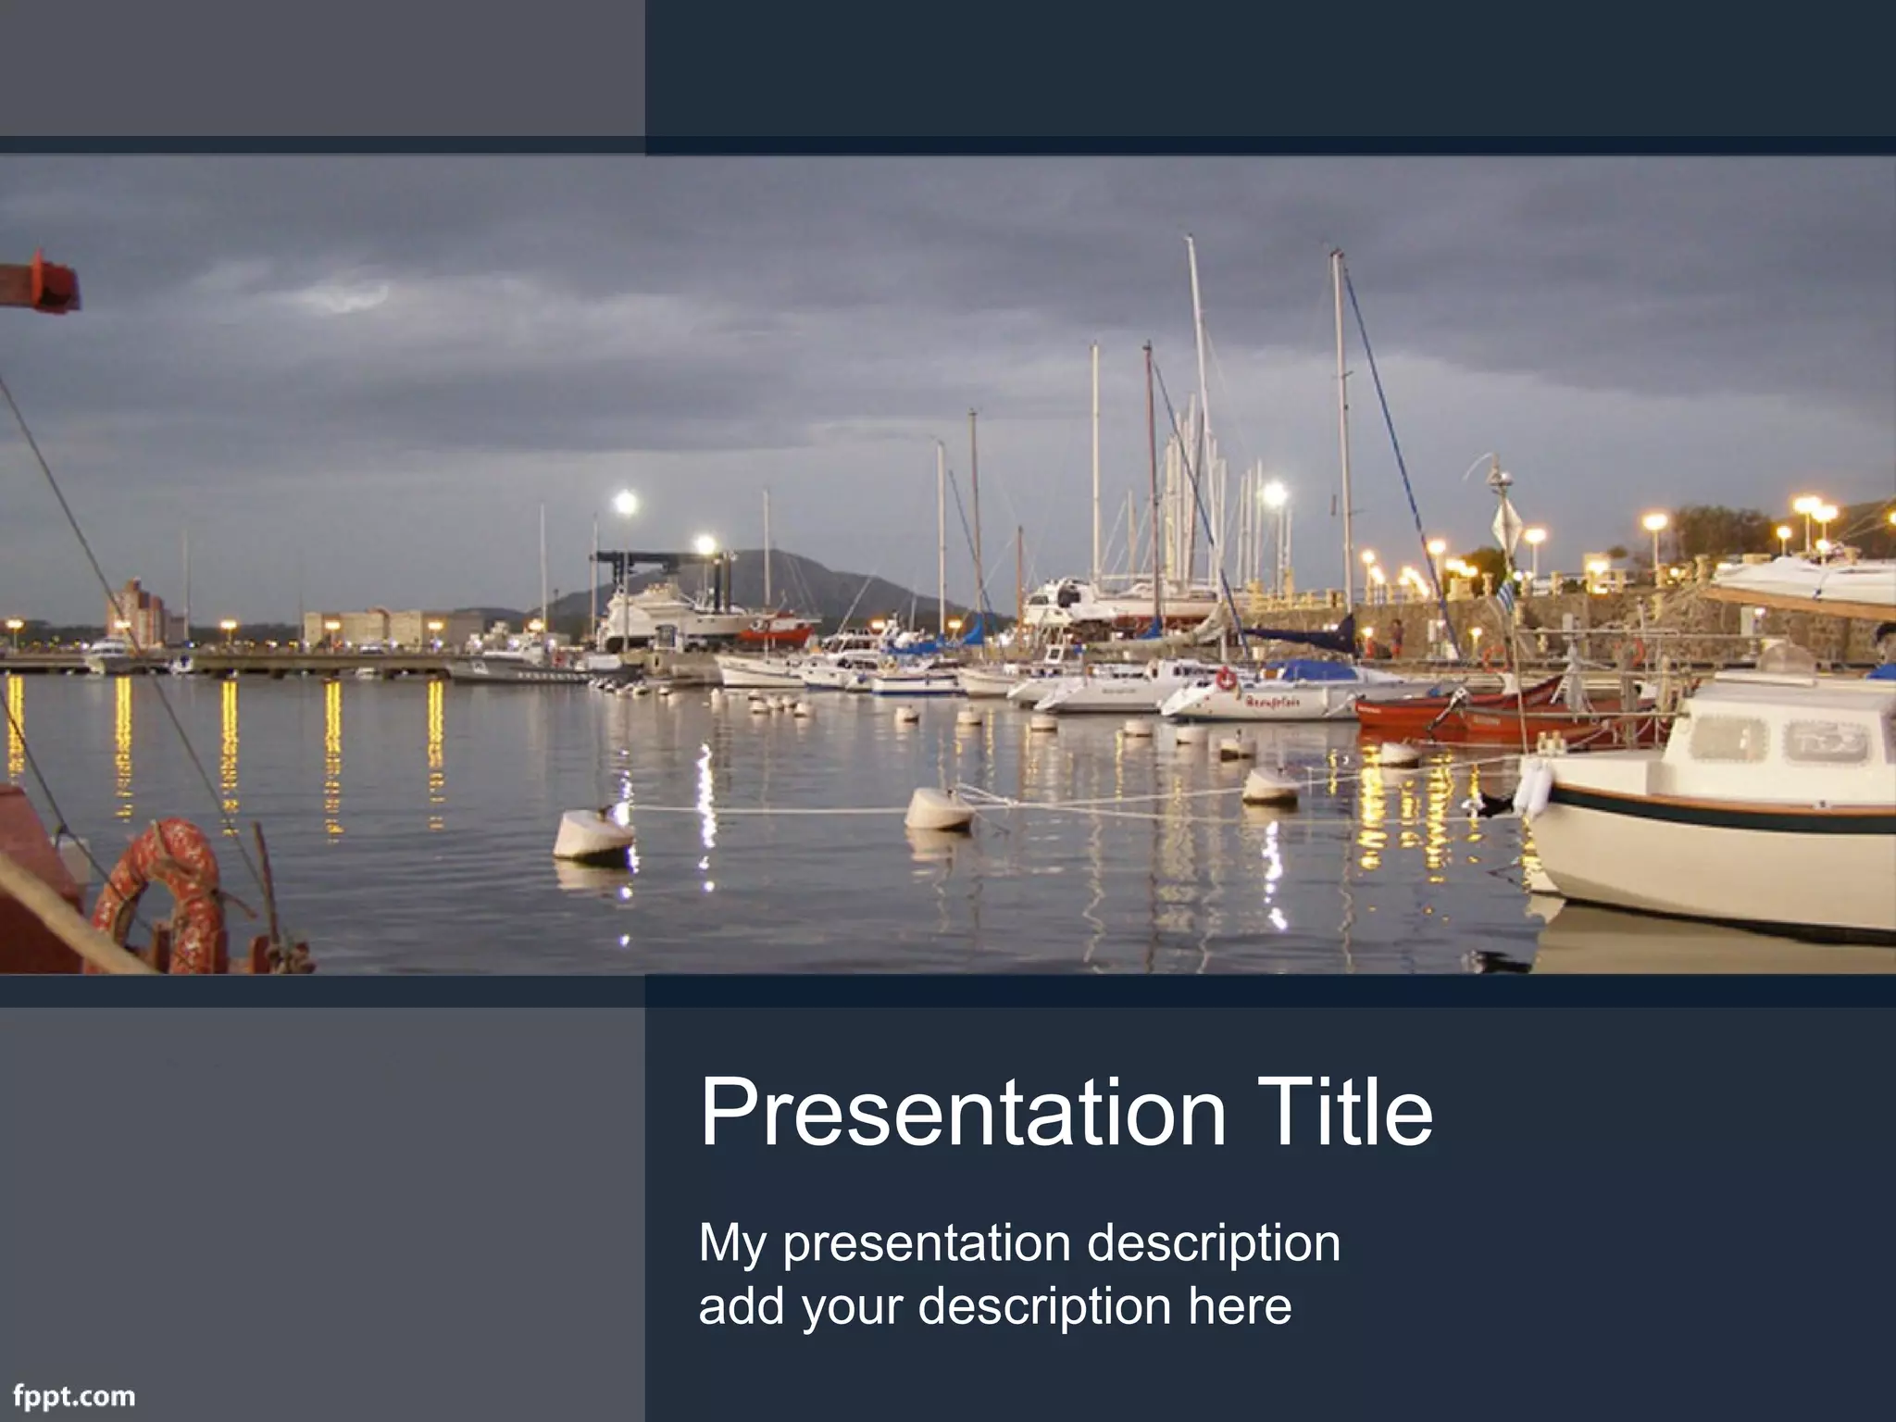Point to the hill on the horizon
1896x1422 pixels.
click(778, 579)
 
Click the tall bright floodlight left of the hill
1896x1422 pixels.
click(626, 503)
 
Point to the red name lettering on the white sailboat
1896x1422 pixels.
click(1273, 702)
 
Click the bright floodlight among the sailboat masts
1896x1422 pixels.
click(1275, 493)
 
